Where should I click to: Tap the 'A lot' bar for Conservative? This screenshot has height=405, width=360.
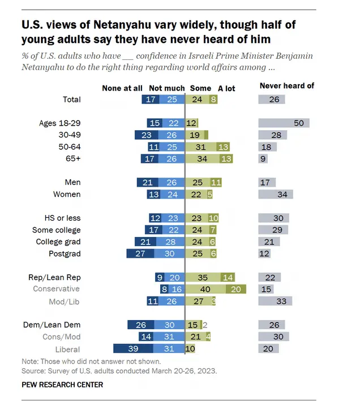pyautogui.click(x=235, y=289)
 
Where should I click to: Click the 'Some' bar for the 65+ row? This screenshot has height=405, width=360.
pyautogui.click(x=201, y=159)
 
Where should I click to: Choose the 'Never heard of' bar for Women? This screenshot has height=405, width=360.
pyautogui.click(x=276, y=195)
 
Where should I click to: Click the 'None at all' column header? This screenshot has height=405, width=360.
pyautogui.click(x=122, y=88)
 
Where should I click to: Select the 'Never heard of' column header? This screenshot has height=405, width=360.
pyautogui.click(x=286, y=86)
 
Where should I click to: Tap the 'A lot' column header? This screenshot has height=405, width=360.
pyautogui.click(x=226, y=88)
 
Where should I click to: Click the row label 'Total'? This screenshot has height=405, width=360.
pyautogui.click(x=71, y=100)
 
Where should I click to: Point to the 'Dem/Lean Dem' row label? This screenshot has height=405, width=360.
pyautogui.click(x=54, y=325)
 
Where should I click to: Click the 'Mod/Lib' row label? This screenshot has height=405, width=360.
pyautogui.click(x=66, y=301)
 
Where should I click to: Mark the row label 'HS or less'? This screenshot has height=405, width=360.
pyautogui.click(x=62, y=218)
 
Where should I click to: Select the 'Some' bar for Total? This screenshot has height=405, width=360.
pyautogui.click(x=197, y=100)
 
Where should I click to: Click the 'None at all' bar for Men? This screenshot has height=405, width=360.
pyautogui.click(x=148, y=183)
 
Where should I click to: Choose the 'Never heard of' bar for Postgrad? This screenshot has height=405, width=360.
pyautogui.click(x=264, y=254)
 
